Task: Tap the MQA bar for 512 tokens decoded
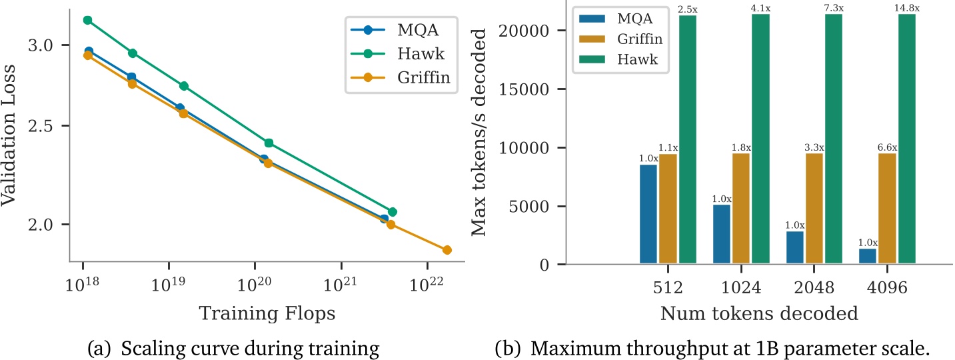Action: [648, 214]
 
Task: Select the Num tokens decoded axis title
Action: [759, 314]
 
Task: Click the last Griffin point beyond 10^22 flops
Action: [447, 250]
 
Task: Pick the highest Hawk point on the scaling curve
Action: [87, 20]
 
